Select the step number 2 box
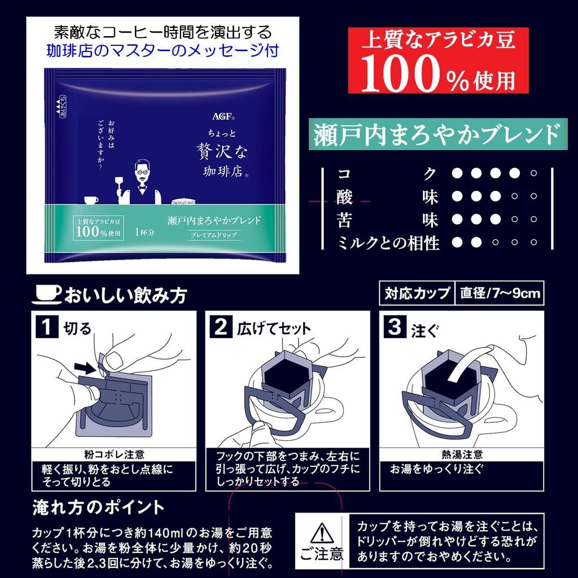(221, 328)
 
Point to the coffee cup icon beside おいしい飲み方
(48, 294)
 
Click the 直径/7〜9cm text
(500, 294)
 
